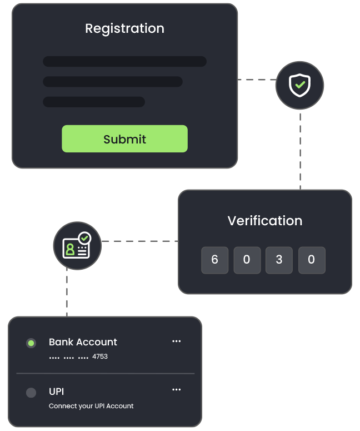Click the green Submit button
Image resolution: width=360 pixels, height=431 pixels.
[124, 139]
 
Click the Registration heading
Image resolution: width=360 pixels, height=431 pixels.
[124, 28]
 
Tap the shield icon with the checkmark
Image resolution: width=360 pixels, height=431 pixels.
[299, 85]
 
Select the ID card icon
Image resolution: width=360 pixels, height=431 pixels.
[77, 245]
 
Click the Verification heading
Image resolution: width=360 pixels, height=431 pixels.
[265, 221]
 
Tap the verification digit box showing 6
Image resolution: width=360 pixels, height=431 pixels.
[214, 260]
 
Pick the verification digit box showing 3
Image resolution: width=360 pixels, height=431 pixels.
[279, 260]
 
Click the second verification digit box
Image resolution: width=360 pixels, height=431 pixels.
[247, 260]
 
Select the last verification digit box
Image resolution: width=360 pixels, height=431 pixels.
[312, 260]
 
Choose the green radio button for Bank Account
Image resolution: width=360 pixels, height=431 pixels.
[31, 343]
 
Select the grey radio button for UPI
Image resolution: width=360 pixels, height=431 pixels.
[31, 393]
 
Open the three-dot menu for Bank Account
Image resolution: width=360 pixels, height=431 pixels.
[176, 341]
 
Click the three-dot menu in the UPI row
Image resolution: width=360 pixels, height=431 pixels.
[176, 390]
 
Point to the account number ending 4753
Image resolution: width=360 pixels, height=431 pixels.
[78, 356]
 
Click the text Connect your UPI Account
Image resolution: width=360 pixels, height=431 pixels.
[91, 406]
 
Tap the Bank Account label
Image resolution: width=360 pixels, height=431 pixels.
[83, 342]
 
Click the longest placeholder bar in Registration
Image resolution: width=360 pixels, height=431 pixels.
[124, 61]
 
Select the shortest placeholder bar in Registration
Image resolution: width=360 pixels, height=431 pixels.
[94, 102]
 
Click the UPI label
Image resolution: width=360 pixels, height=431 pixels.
[57, 392]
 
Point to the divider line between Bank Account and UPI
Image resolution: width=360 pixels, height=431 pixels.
[106, 373]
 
